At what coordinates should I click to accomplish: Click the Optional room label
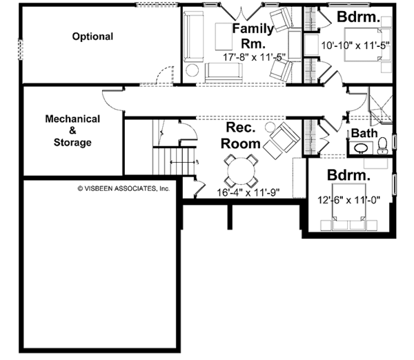tap(93, 36)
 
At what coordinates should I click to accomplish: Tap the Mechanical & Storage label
tap(72, 130)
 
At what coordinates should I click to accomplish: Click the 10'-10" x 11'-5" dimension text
tap(356, 46)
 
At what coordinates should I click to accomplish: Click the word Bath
tap(364, 133)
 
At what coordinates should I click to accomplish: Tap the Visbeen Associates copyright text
tap(124, 188)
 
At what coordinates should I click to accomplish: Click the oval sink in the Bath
tap(360, 148)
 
